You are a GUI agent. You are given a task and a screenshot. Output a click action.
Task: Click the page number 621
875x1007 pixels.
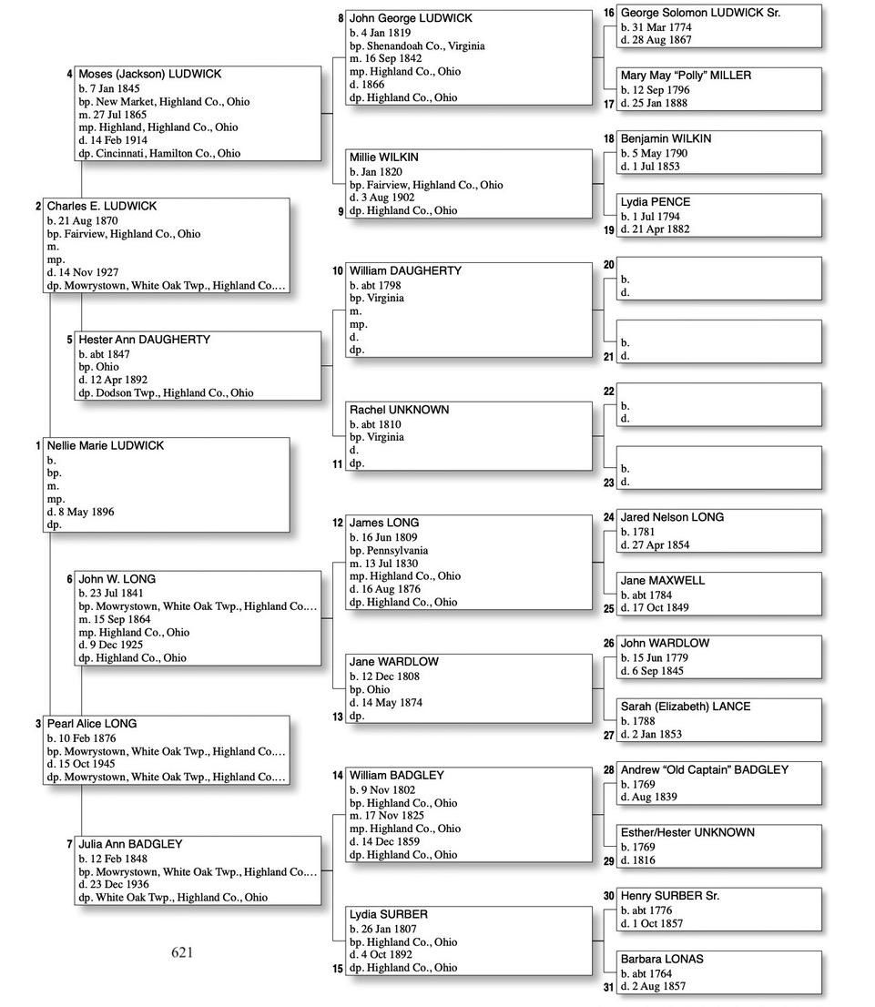[x=182, y=952]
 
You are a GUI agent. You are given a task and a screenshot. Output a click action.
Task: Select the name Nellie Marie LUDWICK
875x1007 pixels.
[x=106, y=445]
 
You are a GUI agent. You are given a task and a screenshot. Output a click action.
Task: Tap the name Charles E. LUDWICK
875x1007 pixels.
[x=102, y=206]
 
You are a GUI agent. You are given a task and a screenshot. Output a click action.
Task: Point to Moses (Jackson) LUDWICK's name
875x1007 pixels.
[x=149, y=74]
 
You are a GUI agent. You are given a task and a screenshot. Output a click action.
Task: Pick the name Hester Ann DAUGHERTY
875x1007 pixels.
[x=144, y=340]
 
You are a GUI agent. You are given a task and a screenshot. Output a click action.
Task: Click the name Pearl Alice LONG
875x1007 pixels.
[x=92, y=724]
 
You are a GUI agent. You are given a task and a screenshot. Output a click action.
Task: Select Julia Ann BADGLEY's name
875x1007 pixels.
[x=130, y=844]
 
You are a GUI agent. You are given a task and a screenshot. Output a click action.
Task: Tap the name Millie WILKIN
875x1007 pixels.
[x=384, y=158]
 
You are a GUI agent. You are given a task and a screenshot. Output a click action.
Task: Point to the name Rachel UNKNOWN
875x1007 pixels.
[x=399, y=410]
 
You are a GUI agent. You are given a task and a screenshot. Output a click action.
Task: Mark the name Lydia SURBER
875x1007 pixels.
[x=389, y=914]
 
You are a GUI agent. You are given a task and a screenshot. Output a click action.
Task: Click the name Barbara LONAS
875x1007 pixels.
[x=662, y=959]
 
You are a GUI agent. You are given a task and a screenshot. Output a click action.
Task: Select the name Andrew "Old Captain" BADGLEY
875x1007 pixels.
[x=704, y=769]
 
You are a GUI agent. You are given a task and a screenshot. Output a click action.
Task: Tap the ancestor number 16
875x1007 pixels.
[x=609, y=14]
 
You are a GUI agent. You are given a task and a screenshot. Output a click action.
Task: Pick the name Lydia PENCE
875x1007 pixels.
[x=656, y=202]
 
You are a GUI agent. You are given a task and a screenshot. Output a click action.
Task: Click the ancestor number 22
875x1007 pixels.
[x=609, y=391]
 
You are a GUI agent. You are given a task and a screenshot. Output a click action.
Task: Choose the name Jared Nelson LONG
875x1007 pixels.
[x=672, y=517]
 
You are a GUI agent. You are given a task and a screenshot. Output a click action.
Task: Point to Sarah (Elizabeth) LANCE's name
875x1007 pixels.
[x=686, y=707]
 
